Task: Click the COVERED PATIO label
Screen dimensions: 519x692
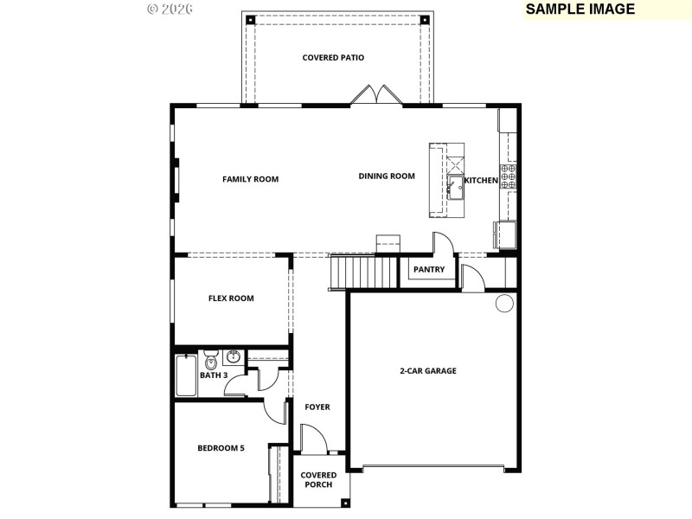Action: pyautogui.click(x=333, y=58)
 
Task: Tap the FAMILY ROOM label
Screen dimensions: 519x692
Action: pyautogui.click(x=250, y=179)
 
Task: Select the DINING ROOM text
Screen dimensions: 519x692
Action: pyautogui.click(x=387, y=176)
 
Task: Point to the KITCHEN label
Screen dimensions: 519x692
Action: pyautogui.click(x=481, y=180)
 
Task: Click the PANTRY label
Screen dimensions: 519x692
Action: pyautogui.click(x=429, y=270)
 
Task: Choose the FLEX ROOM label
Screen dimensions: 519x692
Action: pyautogui.click(x=231, y=298)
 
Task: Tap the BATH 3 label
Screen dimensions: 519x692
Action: pyautogui.click(x=214, y=375)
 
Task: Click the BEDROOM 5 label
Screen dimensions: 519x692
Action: pyautogui.click(x=221, y=448)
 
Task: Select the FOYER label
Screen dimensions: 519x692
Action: pyautogui.click(x=317, y=407)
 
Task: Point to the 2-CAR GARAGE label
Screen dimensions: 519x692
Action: pyautogui.click(x=427, y=370)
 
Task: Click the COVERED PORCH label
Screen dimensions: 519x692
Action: pyautogui.click(x=318, y=480)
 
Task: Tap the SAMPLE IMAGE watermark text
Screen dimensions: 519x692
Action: pyautogui.click(x=580, y=10)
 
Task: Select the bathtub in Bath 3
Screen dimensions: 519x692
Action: pyautogui.click(x=186, y=375)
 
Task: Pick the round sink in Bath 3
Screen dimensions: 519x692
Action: pyautogui.click(x=233, y=356)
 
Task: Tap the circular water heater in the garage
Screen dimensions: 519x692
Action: pyautogui.click(x=504, y=303)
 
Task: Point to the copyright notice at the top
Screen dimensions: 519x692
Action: pyautogui.click(x=170, y=9)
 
